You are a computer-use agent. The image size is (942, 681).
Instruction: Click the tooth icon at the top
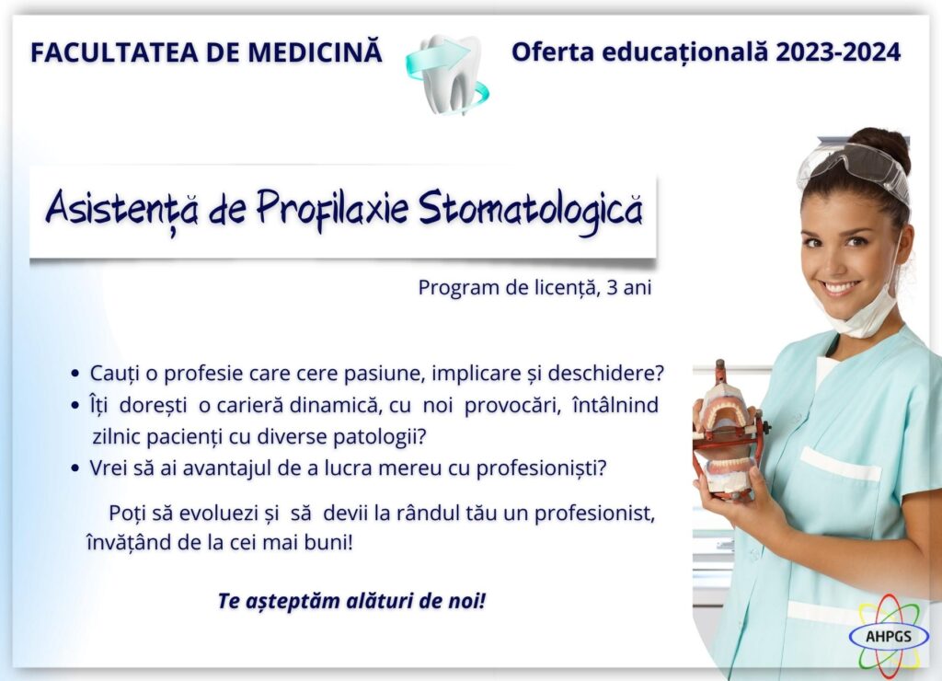tap(447, 75)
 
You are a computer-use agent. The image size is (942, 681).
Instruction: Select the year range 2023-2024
tap(838, 52)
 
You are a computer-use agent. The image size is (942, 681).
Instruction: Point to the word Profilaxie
tap(332, 209)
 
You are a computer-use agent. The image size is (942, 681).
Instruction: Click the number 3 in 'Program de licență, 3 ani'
tap(612, 287)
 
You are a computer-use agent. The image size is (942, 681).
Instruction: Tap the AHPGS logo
tap(889, 636)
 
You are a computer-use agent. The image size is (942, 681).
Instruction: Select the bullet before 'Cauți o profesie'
tap(75, 374)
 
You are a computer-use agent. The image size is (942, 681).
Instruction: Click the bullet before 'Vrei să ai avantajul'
tap(75, 467)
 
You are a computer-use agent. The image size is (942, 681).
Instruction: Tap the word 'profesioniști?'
tap(541, 468)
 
